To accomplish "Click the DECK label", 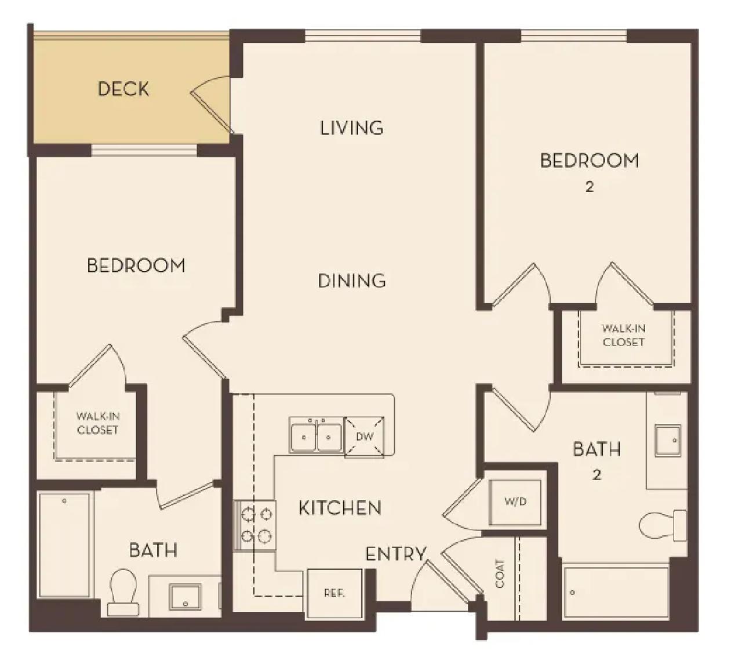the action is tap(123, 89).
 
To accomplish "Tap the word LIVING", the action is tap(352, 128).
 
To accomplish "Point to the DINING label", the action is tap(352, 281).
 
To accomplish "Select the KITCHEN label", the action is tap(340, 508).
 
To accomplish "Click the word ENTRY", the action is tap(396, 554).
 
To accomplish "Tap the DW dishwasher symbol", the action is tap(365, 437).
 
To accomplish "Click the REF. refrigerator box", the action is tap(334, 593).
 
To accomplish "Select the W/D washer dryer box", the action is tap(515, 502).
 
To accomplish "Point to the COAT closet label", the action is tap(500, 574).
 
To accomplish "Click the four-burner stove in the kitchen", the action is tap(255, 525).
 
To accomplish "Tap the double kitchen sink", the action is tap(317, 435).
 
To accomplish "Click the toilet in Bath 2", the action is tap(662, 525).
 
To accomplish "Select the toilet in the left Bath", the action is tap(123, 592).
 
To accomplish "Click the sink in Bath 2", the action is tap(668, 441).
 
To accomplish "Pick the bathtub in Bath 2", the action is tap(616, 593).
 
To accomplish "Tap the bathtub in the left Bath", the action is tap(65, 546).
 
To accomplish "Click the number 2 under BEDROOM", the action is tap(590, 187).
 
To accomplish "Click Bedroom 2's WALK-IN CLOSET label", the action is tap(623, 335).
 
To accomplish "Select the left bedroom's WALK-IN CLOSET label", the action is tap(97, 423).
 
